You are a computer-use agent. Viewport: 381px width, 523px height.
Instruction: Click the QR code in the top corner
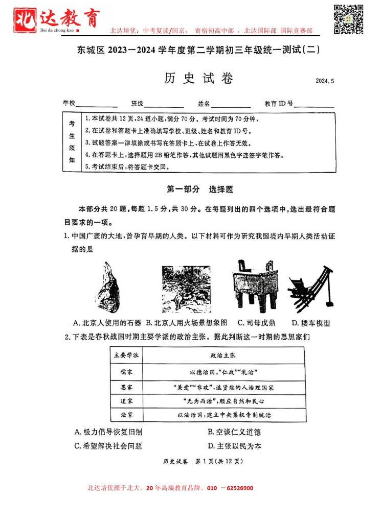349,18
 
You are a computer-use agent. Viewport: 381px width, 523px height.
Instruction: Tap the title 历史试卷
198,79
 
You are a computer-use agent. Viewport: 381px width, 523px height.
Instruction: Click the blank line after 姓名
231,105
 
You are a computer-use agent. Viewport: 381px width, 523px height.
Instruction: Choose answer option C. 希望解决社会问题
108,446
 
